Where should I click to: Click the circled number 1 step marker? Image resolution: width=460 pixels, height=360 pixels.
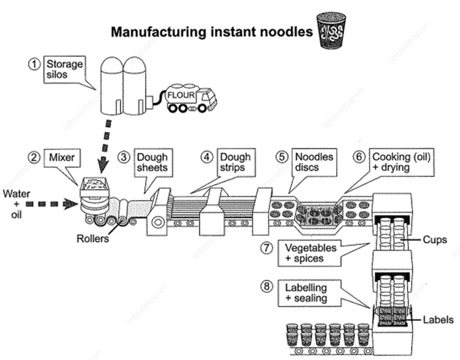(x=34, y=65)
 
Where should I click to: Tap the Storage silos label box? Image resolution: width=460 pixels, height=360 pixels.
(x=65, y=69)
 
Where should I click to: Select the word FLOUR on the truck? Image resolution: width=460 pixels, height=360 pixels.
(x=181, y=95)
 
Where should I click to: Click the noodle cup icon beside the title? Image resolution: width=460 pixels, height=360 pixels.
(x=331, y=30)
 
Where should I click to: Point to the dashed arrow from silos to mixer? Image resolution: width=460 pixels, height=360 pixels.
(x=106, y=145)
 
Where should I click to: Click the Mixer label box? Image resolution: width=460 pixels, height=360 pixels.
(x=62, y=158)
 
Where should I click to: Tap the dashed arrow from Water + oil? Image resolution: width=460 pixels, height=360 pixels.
(x=51, y=204)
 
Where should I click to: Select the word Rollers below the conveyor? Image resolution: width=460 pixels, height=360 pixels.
(x=93, y=238)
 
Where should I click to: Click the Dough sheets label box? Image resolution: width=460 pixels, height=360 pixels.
(x=154, y=163)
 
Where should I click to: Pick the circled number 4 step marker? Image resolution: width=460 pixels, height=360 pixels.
(x=207, y=157)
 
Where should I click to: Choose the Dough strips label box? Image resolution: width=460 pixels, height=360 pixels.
(x=236, y=163)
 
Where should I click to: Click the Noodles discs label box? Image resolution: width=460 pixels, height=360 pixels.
(x=314, y=162)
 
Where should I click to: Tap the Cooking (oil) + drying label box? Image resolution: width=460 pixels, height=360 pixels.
(x=401, y=162)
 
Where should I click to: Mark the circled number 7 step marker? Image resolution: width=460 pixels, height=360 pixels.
(x=267, y=248)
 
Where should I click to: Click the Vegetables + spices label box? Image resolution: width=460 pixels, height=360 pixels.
(x=310, y=253)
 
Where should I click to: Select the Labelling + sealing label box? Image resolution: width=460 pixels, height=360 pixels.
(x=310, y=293)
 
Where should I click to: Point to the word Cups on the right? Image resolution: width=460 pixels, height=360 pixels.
(x=435, y=240)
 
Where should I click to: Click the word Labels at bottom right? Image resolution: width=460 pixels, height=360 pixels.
(x=438, y=320)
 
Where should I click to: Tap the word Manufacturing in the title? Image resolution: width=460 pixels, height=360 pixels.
(x=158, y=32)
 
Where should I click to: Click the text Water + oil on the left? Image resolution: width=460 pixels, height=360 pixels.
(x=16, y=204)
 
